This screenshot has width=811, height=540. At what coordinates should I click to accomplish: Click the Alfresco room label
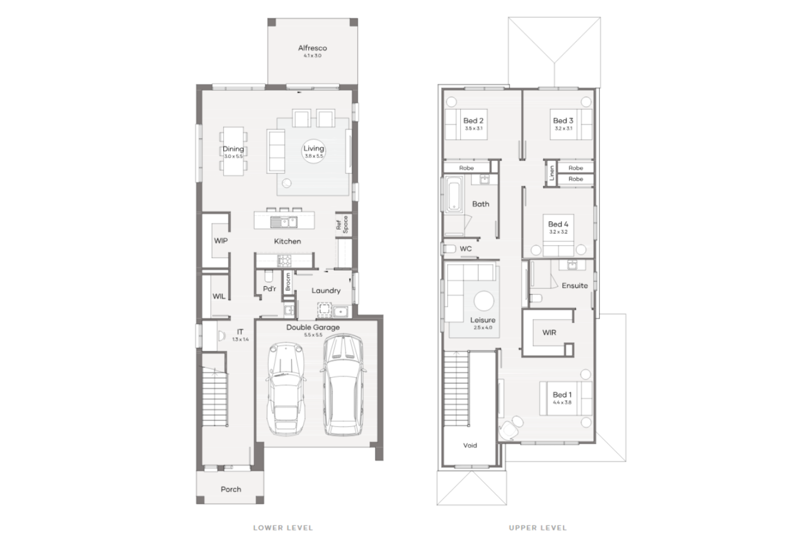pyautogui.click(x=312, y=48)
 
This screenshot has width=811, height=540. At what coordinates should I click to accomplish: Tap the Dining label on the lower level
pyautogui.click(x=233, y=150)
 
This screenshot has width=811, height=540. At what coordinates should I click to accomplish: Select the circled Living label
pyautogui.click(x=313, y=149)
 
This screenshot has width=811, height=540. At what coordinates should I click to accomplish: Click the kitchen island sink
pyautogui.click(x=284, y=222)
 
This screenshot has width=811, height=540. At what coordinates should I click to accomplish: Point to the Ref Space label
pyautogui.click(x=342, y=224)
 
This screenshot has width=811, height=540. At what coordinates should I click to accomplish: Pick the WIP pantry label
pyautogui.click(x=221, y=241)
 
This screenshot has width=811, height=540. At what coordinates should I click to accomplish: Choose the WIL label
pyautogui.click(x=219, y=296)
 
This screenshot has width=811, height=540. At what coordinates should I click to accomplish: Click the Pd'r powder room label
pyautogui.click(x=270, y=289)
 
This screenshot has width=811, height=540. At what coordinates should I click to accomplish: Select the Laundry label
pyautogui.click(x=326, y=291)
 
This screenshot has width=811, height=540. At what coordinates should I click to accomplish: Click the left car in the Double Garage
pyautogui.click(x=286, y=387)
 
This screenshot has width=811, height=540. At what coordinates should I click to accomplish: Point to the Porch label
pyautogui.click(x=231, y=490)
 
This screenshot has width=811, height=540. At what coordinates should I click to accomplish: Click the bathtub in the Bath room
pyautogui.click(x=454, y=196)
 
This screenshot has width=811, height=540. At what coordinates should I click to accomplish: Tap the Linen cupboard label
pyautogui.click(x=552, y=173)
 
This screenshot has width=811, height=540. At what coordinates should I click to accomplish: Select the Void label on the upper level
pyautogui.click(x=470, y=446)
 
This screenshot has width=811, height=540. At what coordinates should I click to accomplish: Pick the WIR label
pyautogui.click(x=549, y=333)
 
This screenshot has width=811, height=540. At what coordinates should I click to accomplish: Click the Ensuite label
pyautogui.click(x=575, y=286)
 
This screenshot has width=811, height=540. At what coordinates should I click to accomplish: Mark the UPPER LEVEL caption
pyautogui.click(x=537, y=528)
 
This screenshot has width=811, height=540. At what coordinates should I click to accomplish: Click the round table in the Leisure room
pyautogui.click(x=483, y=300)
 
